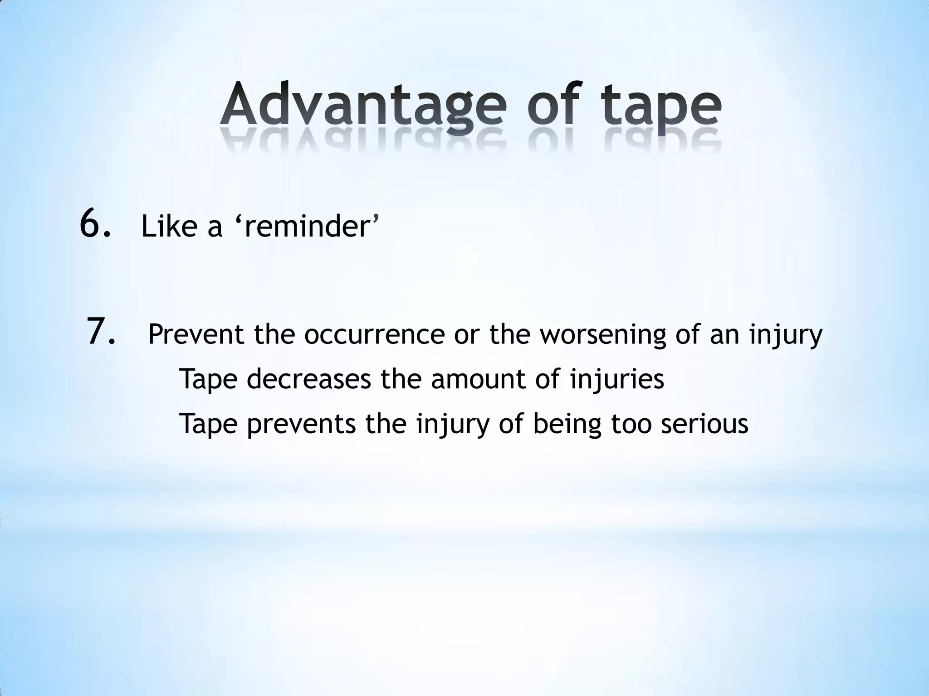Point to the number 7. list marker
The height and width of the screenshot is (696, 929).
click(101, 333)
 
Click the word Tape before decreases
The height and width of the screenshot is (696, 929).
click(208, 380)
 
